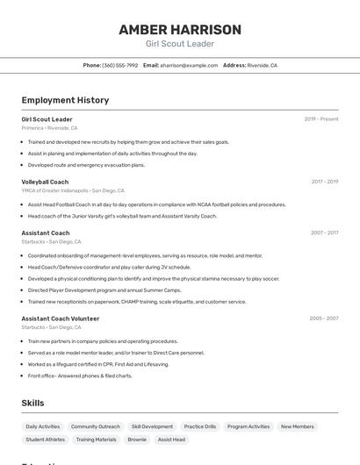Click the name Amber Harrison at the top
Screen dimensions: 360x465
tap(180, 29)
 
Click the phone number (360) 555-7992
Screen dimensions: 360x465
tap(119, 65)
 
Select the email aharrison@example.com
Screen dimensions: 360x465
tap(188, 65)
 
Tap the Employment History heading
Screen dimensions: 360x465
tap(65, 100)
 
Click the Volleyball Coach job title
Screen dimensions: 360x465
tap(45, 182)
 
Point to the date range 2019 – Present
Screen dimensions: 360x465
tap(321, 118)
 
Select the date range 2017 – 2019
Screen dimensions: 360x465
tap(324, 182)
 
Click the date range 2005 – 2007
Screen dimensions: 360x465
tap(324, 318)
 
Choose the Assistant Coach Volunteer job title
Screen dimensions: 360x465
tap(61, 318)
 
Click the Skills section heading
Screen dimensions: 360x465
tap(32, 403)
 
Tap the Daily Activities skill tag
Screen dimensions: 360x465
tap(43, 426)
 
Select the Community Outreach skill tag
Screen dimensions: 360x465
tap(96, 426)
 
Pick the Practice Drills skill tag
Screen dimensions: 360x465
tap(200, 426)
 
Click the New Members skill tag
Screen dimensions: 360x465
tap(297, 426)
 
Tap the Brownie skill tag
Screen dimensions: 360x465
tap(137, 440)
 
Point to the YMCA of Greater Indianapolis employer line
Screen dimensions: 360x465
tap(73, 190)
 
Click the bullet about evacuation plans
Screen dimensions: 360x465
tap(86, 165)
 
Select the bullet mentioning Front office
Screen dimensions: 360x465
tap(80, 376)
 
